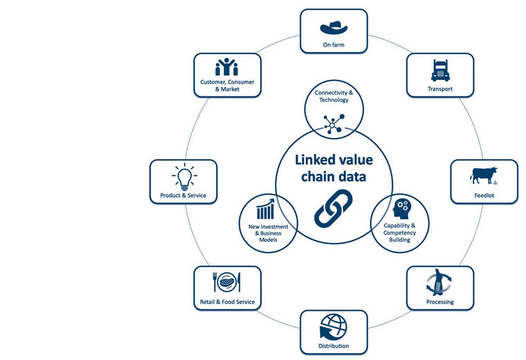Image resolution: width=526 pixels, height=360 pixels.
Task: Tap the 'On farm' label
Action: (x=333, y=45)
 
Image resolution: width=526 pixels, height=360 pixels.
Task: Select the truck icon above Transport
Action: (x=440, y=70)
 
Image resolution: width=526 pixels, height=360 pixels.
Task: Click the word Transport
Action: (x=440, y=89)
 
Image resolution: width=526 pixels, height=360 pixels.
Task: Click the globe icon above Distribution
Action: (x=333, y=327)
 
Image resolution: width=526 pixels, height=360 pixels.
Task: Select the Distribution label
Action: (x=333, y=345)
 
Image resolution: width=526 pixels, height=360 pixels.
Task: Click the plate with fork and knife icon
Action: (x=227, y=282)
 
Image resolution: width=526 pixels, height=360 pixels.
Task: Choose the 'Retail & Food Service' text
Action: (x=227, y=302)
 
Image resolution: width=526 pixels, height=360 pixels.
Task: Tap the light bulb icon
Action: (x=184, y=177)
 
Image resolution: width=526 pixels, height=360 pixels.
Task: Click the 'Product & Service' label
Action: (x=184, y=196)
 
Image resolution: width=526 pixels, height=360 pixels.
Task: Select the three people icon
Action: (x=227, y=67)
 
